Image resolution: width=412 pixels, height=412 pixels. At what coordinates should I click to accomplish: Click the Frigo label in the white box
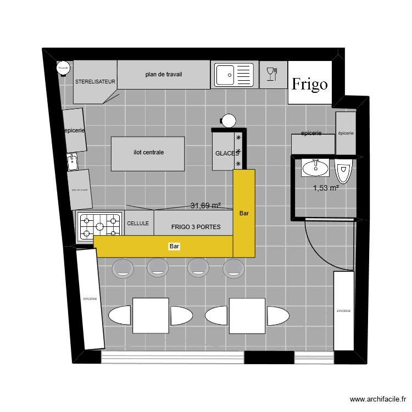pos(310,84)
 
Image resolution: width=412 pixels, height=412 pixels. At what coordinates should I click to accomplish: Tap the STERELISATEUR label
pos(95,81)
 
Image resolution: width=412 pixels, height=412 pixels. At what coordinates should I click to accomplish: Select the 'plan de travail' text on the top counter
pos(164,74)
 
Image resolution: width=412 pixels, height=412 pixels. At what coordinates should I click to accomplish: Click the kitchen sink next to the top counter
pos(234,74)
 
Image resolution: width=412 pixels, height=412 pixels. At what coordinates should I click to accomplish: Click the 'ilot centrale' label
pos(148,153)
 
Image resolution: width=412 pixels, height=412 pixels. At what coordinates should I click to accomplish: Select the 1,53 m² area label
pos(326,188)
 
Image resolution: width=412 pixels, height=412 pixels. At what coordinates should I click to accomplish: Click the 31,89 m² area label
pos(205,206)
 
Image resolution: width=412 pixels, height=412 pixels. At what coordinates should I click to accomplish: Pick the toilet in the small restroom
pos(344,171)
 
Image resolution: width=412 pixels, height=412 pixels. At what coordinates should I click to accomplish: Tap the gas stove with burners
pos(100,226)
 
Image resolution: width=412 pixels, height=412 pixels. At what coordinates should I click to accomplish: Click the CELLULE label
pos(138,224)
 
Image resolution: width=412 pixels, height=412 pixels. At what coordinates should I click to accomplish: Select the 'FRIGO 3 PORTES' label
pos(196,227)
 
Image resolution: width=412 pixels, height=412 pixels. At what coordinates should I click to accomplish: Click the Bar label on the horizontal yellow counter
pos(175,247)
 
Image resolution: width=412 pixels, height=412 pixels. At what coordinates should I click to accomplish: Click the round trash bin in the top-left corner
pos(63,68)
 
